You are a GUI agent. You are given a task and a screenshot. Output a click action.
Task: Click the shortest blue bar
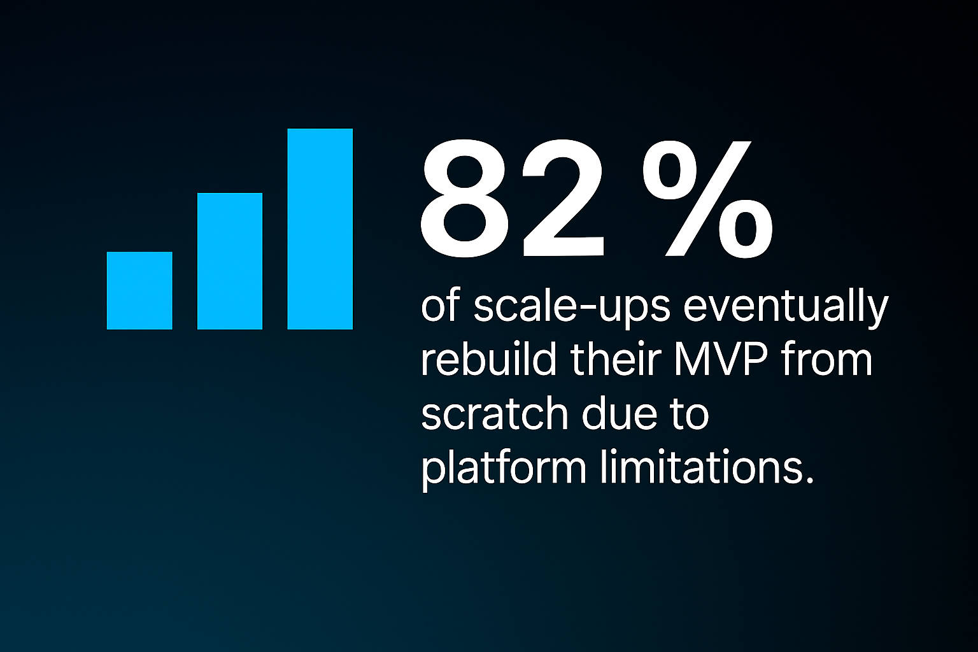139,290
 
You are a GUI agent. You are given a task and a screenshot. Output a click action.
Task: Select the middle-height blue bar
230,260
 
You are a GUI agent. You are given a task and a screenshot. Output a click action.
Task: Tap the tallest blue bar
320,229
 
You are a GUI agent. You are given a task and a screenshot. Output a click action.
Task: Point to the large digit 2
563,199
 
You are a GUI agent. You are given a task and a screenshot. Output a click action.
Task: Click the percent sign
708,199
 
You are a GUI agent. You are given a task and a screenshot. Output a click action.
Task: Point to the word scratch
494,413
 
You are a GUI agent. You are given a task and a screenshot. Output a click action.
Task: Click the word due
619,413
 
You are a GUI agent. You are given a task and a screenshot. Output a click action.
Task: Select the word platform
504,467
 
